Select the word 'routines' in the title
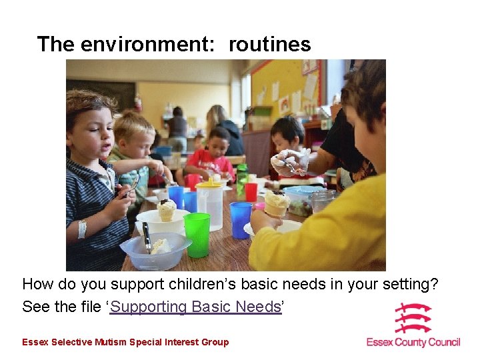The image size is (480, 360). (x=270, y=45)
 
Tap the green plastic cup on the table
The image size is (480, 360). (x=197, y=234)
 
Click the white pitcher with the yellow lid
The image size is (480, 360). (x=210, y=204)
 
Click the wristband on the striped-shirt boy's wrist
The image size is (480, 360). (x=82, y=229)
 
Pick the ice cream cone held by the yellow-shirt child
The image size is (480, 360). (x=275, y=203)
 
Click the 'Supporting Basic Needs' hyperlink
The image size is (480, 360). (x=195, y=307)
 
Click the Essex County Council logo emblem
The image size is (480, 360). (x=413, y=319)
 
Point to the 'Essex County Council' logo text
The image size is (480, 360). (x=413, y=342)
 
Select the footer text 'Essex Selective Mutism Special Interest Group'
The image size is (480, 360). (x=125, y=342)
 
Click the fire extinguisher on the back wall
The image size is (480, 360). (x=138, y=104)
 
